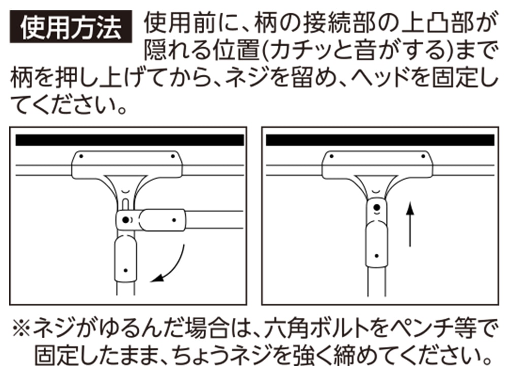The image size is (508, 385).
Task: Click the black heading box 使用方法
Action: [x=71, y=26]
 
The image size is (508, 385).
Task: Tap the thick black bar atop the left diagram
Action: [x=130, y=140]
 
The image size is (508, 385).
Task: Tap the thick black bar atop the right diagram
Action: [x=380, y=140]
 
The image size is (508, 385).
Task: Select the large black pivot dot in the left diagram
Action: [x=125, y=220]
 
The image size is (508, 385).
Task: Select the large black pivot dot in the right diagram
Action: [x=376, y=208]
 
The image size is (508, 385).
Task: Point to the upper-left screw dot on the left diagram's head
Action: [x=81, y=156]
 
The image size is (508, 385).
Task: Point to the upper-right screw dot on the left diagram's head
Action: [x=173, y=156]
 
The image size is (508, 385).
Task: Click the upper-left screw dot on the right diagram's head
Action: [x=332, y=156]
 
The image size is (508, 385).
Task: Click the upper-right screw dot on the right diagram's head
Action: [x=423, y=156]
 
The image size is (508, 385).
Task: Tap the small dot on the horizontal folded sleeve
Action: [x=174, y=220]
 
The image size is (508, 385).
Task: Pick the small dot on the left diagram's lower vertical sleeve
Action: [x=125, y=270]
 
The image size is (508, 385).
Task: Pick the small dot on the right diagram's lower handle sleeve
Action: [x=376, y=256]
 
